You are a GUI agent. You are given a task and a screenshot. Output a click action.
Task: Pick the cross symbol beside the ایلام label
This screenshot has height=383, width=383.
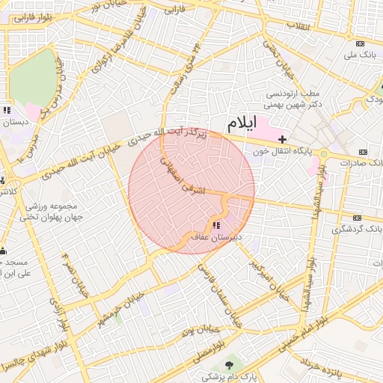click(282, 139)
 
